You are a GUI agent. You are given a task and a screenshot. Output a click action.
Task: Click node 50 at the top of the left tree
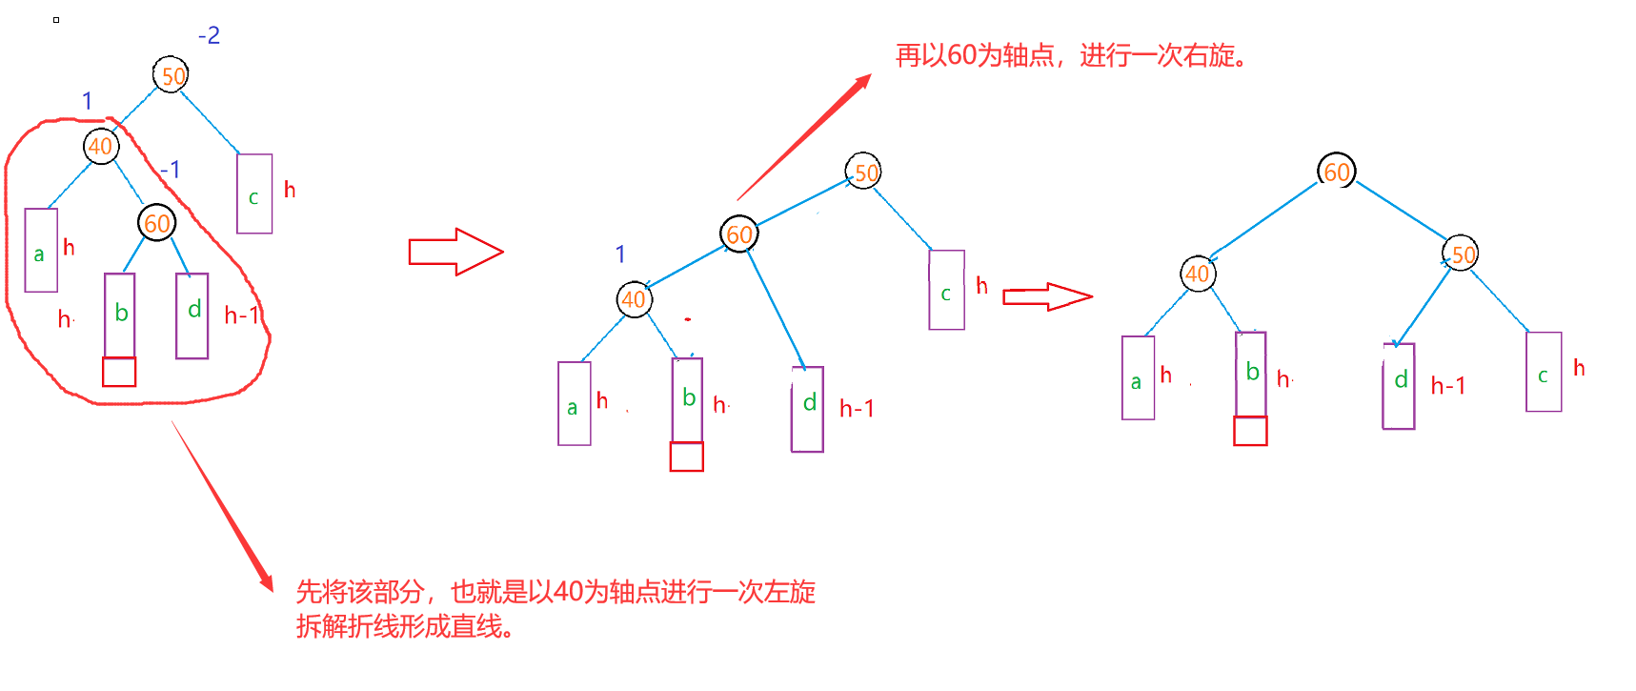(172, 75)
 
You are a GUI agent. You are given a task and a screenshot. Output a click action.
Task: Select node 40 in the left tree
(100, 147)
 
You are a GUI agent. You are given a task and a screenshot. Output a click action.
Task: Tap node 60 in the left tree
(157, 223)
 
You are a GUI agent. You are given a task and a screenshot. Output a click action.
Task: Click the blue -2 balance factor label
(209, 35)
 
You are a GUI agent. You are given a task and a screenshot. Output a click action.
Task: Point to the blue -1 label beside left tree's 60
(170, 170)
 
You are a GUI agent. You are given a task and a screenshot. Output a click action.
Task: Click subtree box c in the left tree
(254, 193)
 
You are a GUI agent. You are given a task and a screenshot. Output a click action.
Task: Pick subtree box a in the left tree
(41, 250)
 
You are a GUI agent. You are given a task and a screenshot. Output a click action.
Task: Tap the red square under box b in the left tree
(119, 372)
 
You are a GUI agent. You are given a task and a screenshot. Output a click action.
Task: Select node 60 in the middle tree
(739, 234)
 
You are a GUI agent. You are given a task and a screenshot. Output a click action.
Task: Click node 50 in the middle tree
(863, 173)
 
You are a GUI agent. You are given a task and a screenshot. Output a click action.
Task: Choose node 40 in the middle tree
(634, 299)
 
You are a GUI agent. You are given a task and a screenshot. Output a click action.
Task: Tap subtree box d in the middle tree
(808, 409)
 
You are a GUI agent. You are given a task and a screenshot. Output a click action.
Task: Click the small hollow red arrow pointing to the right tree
(1047, 297)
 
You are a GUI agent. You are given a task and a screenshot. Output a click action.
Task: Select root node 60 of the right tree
(1337, 172)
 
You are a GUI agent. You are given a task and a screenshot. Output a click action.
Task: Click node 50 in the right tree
(1461, 254)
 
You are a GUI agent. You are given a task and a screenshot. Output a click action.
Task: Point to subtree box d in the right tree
(1399, 386)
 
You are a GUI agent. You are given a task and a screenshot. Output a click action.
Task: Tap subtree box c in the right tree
(1544, 372)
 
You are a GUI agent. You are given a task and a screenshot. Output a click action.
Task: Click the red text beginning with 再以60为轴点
(1071, 55)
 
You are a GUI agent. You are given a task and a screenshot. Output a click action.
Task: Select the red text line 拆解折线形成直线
(406, 626)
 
